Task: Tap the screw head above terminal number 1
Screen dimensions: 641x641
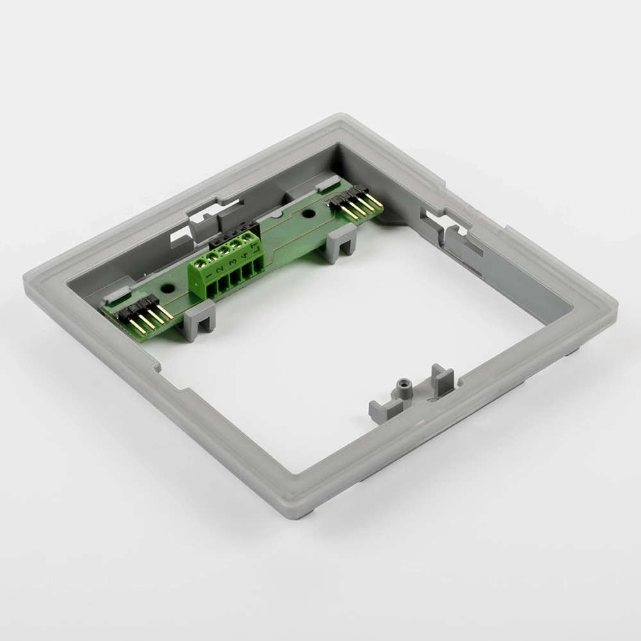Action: pyautogui.click(x=201, y=262)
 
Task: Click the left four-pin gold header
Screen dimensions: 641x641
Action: pyautogui.click(x=144, y=314)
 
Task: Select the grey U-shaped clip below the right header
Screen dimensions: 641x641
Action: pyautogui.click(x=339, y=243)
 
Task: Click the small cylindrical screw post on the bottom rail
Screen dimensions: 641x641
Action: pyautogui.click(x=403, y=387)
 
